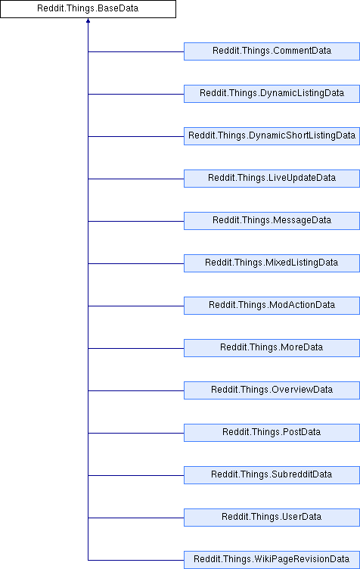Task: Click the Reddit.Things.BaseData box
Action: pyautogui.click(x=88, y=9)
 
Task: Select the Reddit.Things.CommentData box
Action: pyautogui.click(x=272, y=51)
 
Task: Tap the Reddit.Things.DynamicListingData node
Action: pyautogui.click(x=272, y=94)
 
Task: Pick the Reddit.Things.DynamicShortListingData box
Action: pyautogui.click(x=272, y=136)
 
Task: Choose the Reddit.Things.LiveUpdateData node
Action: pyautogui.click(x=272, y=179)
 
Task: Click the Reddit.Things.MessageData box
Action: pyautogui.click(x=272, y=221)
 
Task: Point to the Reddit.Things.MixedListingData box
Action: pyautogui.click(x=272, y=263)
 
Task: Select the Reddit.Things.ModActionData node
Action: pyautogui.click(x=272, y=306)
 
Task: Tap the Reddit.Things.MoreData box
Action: pyautogui.click(x=272, y=348)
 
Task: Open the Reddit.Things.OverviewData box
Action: pyautogui.click(x=272, y=390)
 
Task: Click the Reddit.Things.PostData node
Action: pyautogui.click(x=272, y=433)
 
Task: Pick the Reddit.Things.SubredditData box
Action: pyautogui.click(x=272, y=475)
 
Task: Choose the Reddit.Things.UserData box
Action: pyautogui.click(x=272, y=518)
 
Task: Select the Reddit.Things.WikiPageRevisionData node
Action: pyautogui.click(x=272, y=560)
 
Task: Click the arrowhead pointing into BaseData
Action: pyautogui.click(x=88, y=20)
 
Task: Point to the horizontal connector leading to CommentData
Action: pyautogui.click(x=136, y=51)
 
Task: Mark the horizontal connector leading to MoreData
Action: pyautogui.click(x=136, y=348)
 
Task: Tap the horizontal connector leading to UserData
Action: pyautogui.click(x=136, y=518)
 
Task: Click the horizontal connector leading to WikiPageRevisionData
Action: pyautogui.click(x=136, y=560)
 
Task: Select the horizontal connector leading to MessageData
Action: pyautogui.click(x=136, y=221)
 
